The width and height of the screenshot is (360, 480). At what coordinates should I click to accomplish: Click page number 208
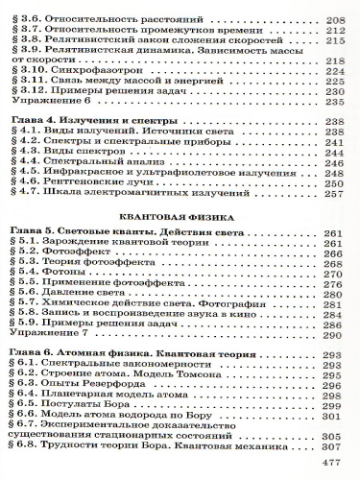point(334,19)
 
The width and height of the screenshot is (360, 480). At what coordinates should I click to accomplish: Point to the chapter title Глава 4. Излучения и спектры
point(86,122)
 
